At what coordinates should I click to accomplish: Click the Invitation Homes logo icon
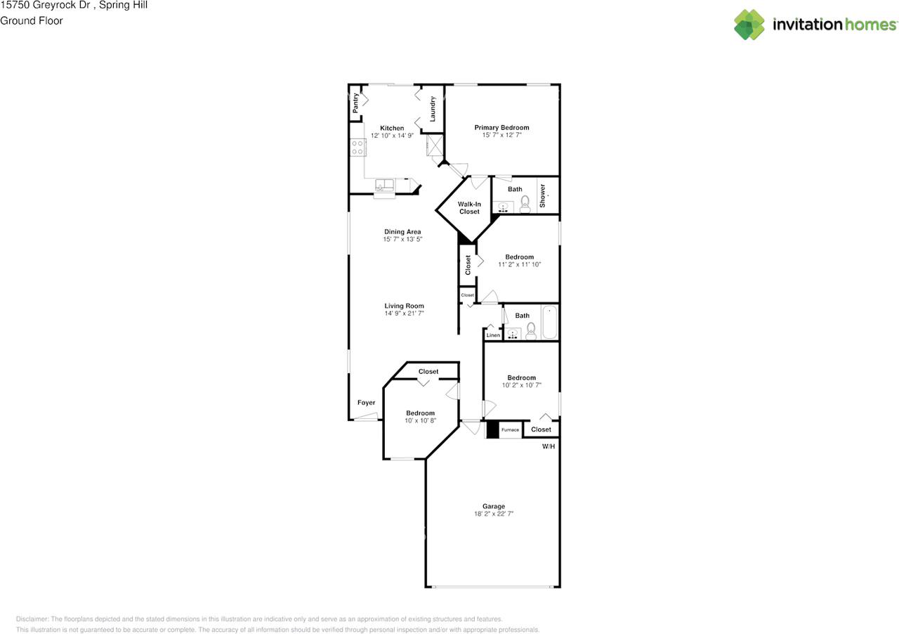click(x=749, y=25)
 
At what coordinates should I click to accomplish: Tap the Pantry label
click(x=356, y=103)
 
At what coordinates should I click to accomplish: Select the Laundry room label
click(x=433, y=108)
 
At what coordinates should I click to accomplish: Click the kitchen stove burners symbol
click(x=357, y=147)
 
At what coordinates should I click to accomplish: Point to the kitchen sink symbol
click(x=384, y=186)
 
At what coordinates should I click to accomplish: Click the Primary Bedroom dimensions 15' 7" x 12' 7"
click(x=501, y=135)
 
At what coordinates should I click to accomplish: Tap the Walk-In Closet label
click(x=469, y=207)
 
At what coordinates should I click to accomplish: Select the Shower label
click(x=542, y=195)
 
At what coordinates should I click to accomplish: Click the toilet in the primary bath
click(x=525, y=205)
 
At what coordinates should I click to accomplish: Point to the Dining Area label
click(x=402, y=231)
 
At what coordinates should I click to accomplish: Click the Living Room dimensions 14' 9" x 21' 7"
click(x=404, y=313)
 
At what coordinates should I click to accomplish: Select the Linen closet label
click(x=493, y=335)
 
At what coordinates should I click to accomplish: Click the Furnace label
click(x=510, y=429)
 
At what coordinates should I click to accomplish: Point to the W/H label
click(x=549, y=446)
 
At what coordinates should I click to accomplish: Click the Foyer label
click(x=366, y=403)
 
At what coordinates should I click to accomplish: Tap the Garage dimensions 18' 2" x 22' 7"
click(x=494, y=514)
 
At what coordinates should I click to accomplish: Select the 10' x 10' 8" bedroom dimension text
click(x=420, y=420)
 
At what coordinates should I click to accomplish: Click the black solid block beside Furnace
click(x=492, y=429)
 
